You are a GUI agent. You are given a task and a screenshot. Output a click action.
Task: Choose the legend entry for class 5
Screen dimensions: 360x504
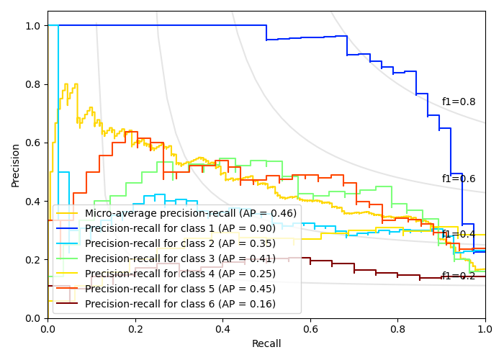click(x=180, y=289)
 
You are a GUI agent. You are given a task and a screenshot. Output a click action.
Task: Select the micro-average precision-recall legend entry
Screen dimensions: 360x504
click(x=190, y=213)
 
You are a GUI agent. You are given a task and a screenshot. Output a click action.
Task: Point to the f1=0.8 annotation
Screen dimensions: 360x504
click(x=459, y=102)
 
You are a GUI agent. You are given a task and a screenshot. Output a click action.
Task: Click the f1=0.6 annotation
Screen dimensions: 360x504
click(x=459, y=179)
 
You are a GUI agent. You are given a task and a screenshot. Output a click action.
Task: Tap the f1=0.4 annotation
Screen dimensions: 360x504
click(x=459, y=235)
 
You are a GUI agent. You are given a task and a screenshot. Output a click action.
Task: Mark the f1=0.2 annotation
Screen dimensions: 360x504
click(x=459, y=276)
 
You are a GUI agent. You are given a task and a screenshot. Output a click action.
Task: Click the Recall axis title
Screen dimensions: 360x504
click(x=266, y=344)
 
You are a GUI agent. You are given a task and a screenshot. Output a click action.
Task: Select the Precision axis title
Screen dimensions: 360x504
click(x=16, y=165)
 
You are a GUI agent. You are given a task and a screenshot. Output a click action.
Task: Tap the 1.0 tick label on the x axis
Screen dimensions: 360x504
click(x=485, y=329)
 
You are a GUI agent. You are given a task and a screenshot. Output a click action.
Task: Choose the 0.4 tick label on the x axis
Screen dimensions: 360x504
click(x=222, y=329)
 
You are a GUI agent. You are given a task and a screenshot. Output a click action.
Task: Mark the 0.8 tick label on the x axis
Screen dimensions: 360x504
click(x=397, y=329)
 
